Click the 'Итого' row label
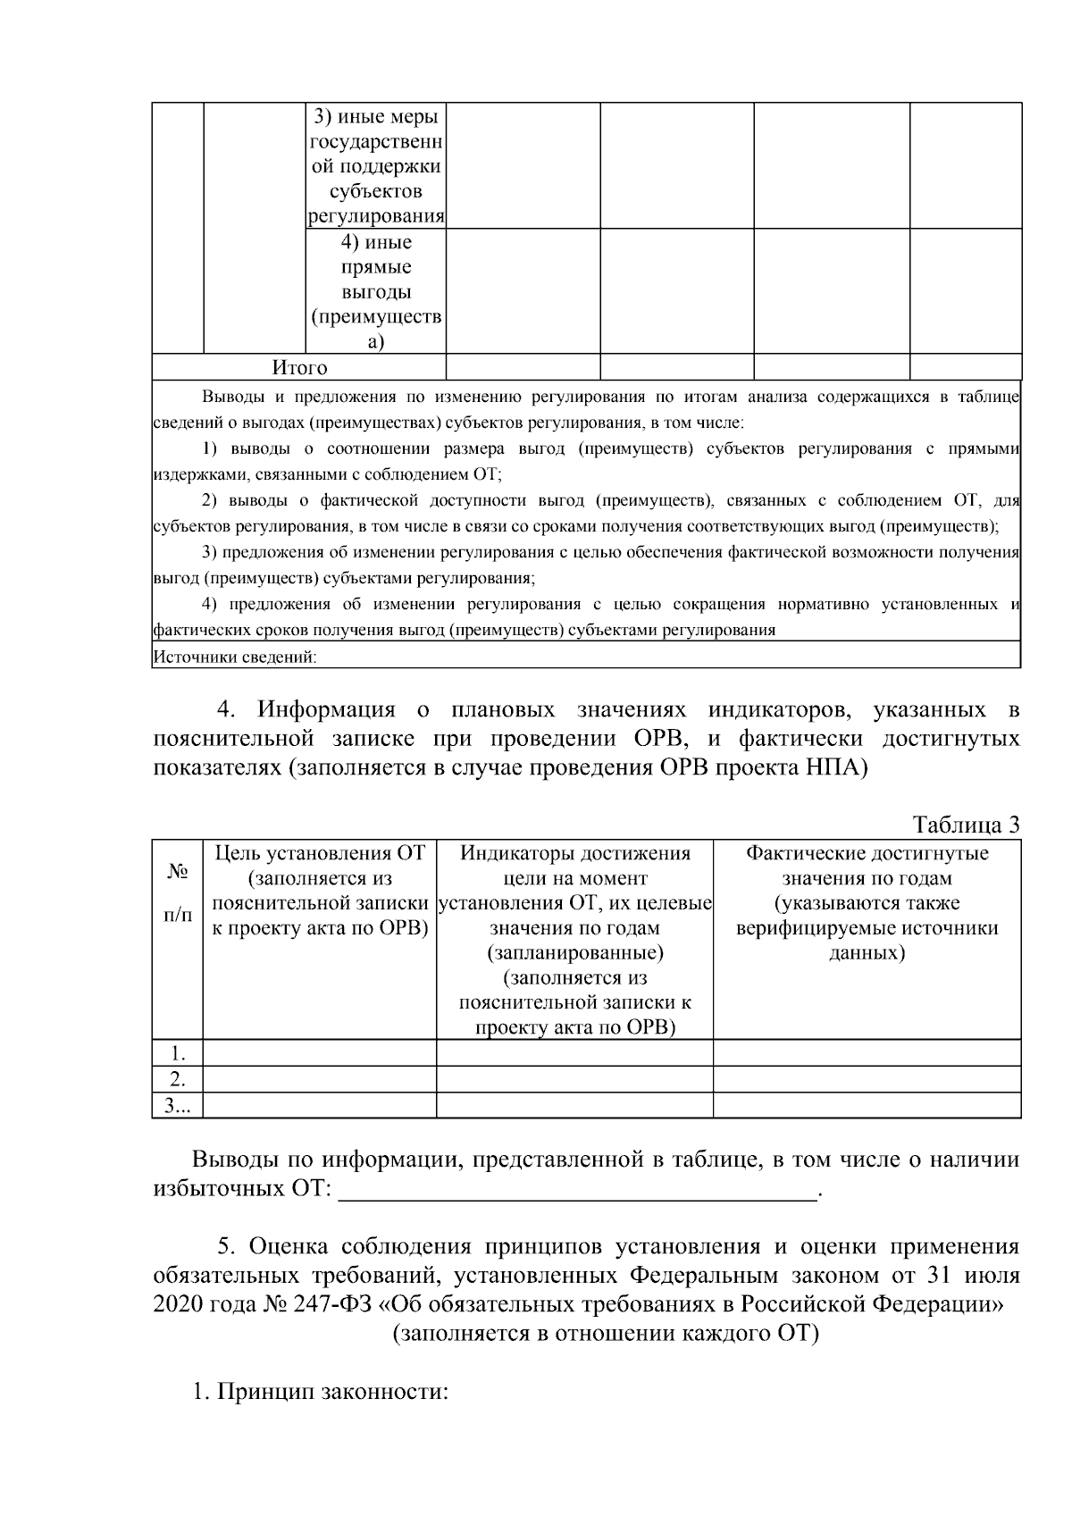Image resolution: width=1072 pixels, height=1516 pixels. (x=299, y=367)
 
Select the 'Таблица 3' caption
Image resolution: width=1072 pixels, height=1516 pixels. (x=965, y=825)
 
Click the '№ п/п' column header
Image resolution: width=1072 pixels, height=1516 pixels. (x=178, y=892)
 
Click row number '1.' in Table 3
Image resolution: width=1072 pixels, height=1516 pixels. (x=178, y=1052)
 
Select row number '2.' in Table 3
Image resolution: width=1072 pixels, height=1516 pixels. (x=178, y=1078)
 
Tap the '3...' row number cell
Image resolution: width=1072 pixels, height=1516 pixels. (x=177, y=1105)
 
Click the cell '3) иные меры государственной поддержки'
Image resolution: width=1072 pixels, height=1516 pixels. (x=376, y=166)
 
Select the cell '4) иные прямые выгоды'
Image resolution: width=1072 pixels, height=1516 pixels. (x=376, y=292)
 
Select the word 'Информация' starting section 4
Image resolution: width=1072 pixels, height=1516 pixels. (x=326, y=710)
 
